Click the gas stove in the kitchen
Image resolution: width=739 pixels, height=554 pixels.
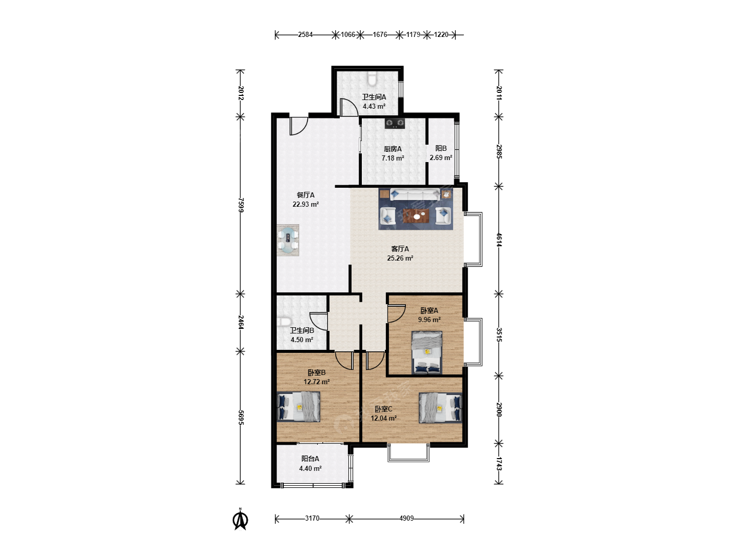point(395,124)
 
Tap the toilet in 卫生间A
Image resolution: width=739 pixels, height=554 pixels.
point(372,78)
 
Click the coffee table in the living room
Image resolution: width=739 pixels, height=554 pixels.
point(417,215)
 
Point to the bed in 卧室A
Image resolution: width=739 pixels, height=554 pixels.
point(427,352)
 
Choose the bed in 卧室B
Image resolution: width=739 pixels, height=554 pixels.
point(298,407)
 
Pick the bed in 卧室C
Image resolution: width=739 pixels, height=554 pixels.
point(440,408)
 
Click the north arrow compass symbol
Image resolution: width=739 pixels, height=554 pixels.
point(240,520)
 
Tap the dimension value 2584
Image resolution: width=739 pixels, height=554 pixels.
point(305,35)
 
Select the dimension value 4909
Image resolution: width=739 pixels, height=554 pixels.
point(406,518)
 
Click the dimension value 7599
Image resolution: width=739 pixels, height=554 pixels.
point(240,205)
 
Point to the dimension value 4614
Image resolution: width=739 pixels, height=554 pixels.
point(499,240)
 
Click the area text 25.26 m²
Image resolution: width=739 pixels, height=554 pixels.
point(400,258)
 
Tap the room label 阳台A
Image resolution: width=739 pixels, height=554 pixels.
point(310,459)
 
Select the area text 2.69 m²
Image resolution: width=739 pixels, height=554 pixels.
point(441,157)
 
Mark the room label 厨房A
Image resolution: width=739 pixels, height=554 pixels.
point(393,149)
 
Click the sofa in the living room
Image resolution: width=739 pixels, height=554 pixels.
point(415,194)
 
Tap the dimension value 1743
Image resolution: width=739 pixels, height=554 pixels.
point(499,464)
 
